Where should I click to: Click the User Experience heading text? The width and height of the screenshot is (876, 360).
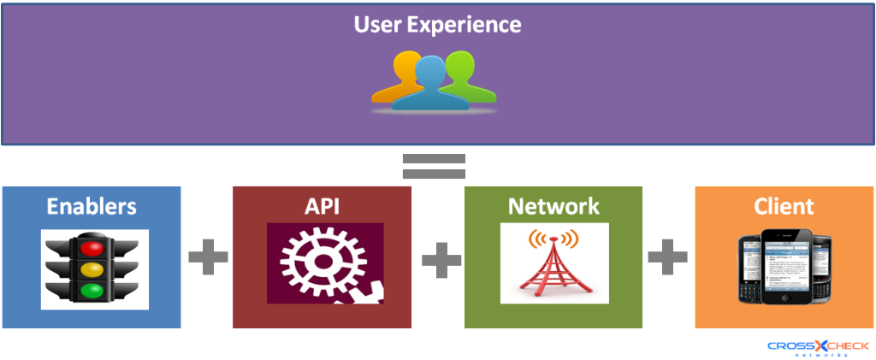click(x=437, y=25)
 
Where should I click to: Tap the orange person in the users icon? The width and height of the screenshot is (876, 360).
click(x=394, y=77)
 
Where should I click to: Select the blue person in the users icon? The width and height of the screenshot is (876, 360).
click(x=430, y=84)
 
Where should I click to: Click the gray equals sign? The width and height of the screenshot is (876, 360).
click(x=434, y=167)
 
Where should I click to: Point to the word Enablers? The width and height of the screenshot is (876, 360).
click(x=92, y=206)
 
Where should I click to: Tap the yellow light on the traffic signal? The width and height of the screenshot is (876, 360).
click(x=92, y=269)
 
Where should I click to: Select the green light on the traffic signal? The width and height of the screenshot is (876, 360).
click(x=92, y=290)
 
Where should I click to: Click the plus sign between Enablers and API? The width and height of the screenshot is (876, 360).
click(x=208, y=257)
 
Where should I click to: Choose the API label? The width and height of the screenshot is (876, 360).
click(x=323, y=206)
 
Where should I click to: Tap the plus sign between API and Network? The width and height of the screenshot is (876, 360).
click(x=441, y=259)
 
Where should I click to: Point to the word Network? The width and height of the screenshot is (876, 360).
click(x=553, y=206)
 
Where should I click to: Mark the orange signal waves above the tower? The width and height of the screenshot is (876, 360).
click(x=554, y=238)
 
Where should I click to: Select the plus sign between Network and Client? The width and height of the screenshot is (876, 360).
click(x=667, y=257)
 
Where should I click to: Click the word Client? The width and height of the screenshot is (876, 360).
click(x=784, y=206)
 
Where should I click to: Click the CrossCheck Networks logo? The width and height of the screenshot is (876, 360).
click(x=818, y=348)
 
